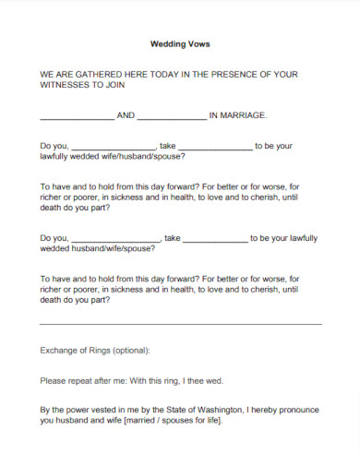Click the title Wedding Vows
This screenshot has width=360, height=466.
click(x=179, y=43)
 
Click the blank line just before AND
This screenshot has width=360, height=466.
click(x=77, y=117)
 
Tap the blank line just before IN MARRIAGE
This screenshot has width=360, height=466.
click(x=172, y=117)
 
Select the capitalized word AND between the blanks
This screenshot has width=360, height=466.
click(x=126, y=115)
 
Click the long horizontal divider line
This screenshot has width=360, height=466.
click(x=181, y=324)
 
